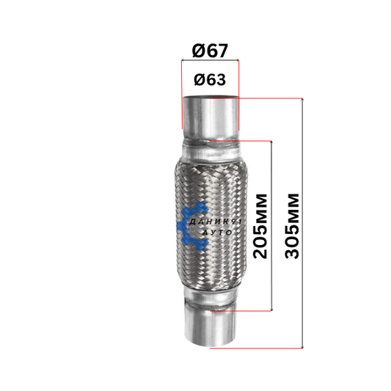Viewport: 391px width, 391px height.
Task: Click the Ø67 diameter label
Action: (210, 51)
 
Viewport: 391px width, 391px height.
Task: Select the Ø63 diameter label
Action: (210, 80)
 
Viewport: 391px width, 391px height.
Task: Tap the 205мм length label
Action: (260, 226)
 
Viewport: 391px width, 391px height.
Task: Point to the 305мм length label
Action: (292, 226)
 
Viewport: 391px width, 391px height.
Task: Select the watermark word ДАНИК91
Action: (215, 222)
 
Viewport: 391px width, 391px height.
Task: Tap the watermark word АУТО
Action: (217, 233)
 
